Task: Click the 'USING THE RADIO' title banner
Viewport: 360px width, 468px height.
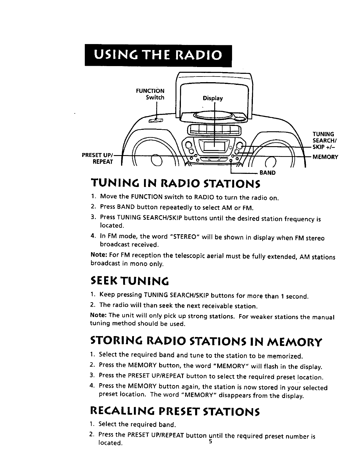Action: click(158, 56)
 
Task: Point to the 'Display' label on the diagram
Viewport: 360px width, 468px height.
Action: click(212, 98)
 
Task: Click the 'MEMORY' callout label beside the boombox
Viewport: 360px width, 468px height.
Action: click(325, 157)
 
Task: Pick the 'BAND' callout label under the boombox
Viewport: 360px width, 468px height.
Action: click(267, 173)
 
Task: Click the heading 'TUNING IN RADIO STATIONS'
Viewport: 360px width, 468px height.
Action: click(175, 184)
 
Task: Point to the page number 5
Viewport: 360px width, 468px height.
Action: click(210, 442)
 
